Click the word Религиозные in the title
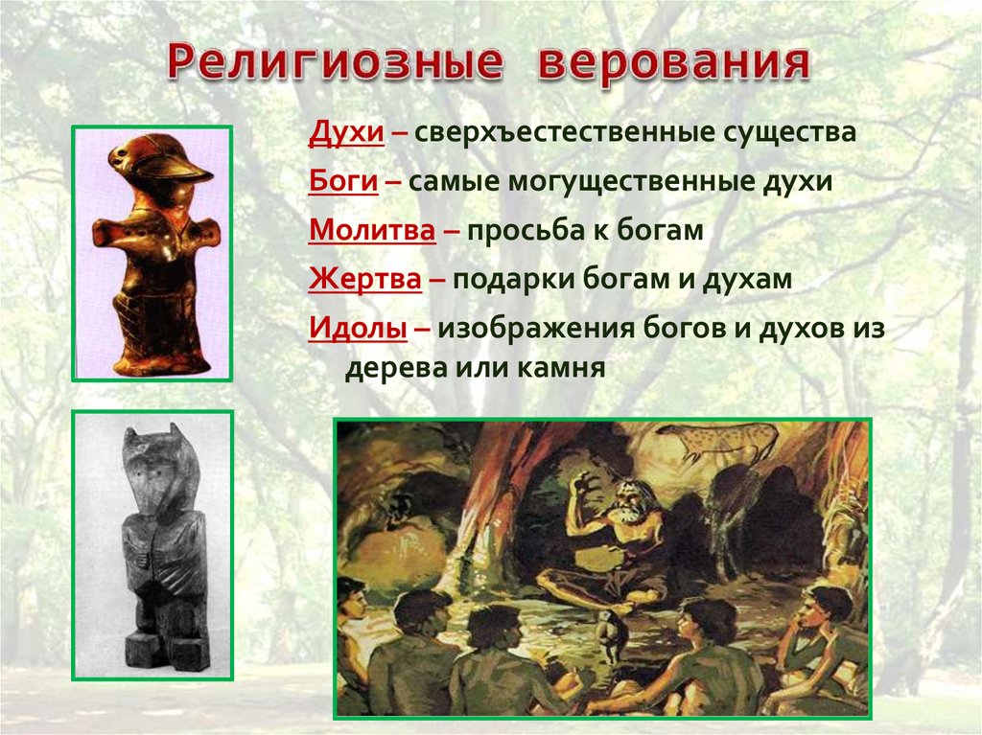point(335,62)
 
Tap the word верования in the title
point(674,62)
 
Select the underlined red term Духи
point(346,133)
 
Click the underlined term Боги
point(343,181)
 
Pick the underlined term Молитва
point(372,230)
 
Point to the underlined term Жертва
point(365,279)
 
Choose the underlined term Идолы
point(358,328)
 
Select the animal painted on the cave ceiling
point(717,440)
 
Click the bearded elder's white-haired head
point(628,504)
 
